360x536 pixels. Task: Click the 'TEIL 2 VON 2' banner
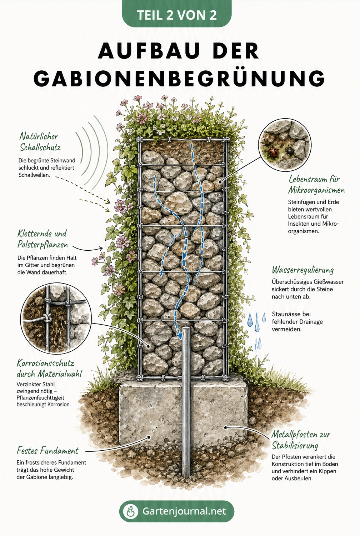(x=177, y=14)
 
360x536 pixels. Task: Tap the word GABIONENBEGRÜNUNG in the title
(x=179, y=78)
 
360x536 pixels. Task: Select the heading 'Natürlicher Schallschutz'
(x=40, y=142)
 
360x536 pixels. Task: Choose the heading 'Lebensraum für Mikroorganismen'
(x=316, y=184)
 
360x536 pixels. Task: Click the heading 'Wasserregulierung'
(x=302, y=270)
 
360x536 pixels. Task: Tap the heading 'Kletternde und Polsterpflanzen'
(x=42, y=239)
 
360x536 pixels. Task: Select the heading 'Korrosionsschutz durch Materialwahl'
(x=49, y=369)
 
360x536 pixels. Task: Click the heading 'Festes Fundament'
(x=47, y=451)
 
